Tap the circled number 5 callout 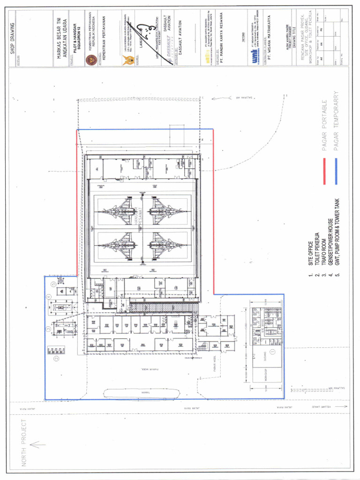pos(54,284)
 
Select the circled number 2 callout pos(56,359)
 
